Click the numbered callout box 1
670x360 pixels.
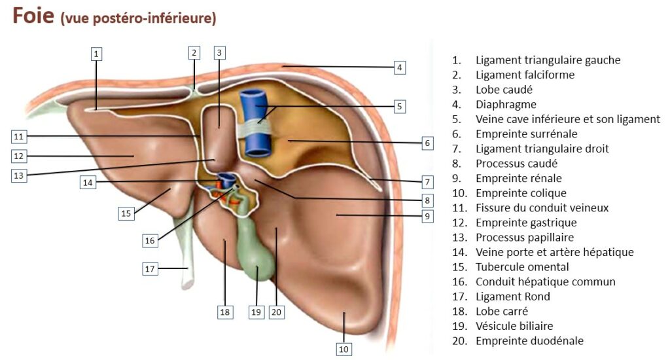click(96, 54)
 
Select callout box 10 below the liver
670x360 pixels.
click(344, 350)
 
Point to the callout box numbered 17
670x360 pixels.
click(150, 268)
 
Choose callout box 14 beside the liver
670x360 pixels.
click(88, 182)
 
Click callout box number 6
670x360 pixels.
click(427, 143)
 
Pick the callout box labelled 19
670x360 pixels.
click(256, 312)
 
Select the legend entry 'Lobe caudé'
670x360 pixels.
click(504, 90)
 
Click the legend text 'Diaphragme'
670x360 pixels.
click(506, 105)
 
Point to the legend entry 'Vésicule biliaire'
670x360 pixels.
click(514, 326)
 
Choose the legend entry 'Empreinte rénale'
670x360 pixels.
click(518, 178)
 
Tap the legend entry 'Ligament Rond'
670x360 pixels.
click(512, 297)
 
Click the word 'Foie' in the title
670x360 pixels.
click(33, 16)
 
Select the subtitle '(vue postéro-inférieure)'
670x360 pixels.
click(138, 18)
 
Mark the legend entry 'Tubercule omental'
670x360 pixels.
click(522, 267)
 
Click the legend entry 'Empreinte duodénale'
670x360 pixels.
click(529, 341)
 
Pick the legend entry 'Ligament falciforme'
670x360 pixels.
click(525, 75)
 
